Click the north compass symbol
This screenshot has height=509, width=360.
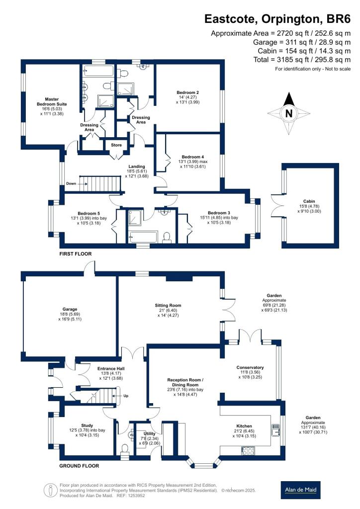point(288,114)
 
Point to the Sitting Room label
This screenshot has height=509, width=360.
point(168,305)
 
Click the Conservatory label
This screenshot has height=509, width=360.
point(250,367)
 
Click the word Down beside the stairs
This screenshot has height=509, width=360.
point(71,183)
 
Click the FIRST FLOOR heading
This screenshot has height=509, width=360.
point(76,254)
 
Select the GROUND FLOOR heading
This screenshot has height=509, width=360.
point(79,466)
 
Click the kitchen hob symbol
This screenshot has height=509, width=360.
point(247,450)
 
